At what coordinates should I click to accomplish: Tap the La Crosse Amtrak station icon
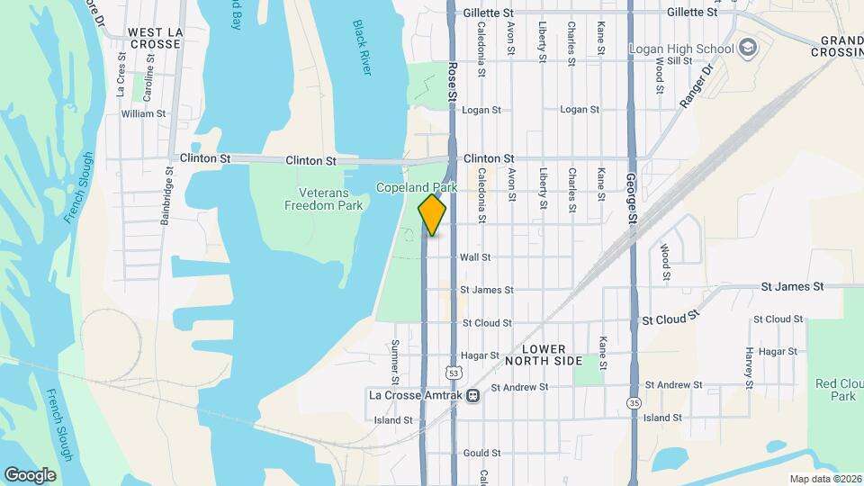472,394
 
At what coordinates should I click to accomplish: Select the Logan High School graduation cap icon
746,48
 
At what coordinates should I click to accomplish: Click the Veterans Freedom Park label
323,199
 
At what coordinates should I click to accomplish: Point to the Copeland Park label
417,188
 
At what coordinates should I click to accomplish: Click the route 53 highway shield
454,372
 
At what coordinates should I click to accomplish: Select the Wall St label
474,256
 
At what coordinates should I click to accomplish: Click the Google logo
30,474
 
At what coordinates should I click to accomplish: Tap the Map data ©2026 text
824,478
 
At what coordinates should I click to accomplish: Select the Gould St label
481,454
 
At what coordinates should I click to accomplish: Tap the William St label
143,114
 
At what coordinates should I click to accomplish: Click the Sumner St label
394,359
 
